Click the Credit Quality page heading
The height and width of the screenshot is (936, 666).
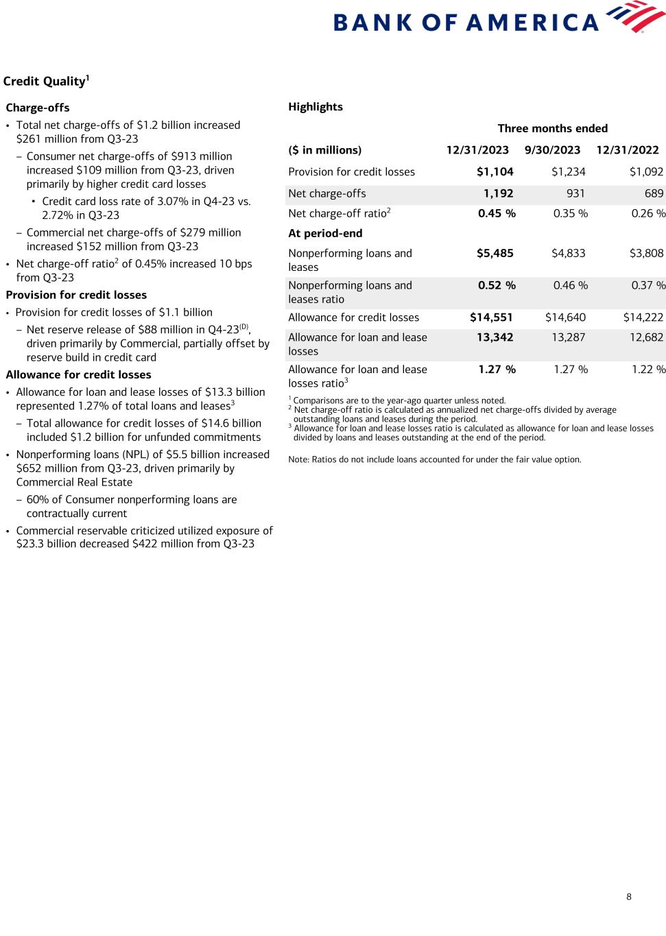pos(46,82)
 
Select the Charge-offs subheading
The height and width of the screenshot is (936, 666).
pos(38,108)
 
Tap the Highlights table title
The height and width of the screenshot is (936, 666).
pos(316,107)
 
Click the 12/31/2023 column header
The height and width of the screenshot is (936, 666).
pos(477,150)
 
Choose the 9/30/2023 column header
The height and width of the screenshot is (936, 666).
pos(552,150)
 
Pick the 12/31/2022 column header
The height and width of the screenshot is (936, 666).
pos(627,150)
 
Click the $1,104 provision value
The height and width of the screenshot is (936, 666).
pos(495,172)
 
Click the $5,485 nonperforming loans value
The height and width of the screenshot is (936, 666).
pos(495,253)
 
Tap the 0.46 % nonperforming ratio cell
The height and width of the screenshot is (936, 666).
pos(570,285)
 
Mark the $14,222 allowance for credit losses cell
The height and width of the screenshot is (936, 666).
pos(643,317)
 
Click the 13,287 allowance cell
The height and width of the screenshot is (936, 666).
pos(568,337)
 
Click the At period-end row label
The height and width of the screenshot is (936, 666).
pos(325,233)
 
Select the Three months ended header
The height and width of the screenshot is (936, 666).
pos(552,128)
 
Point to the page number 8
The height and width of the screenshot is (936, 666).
pos(629,896)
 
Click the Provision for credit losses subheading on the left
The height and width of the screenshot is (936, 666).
pos(76,295)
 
